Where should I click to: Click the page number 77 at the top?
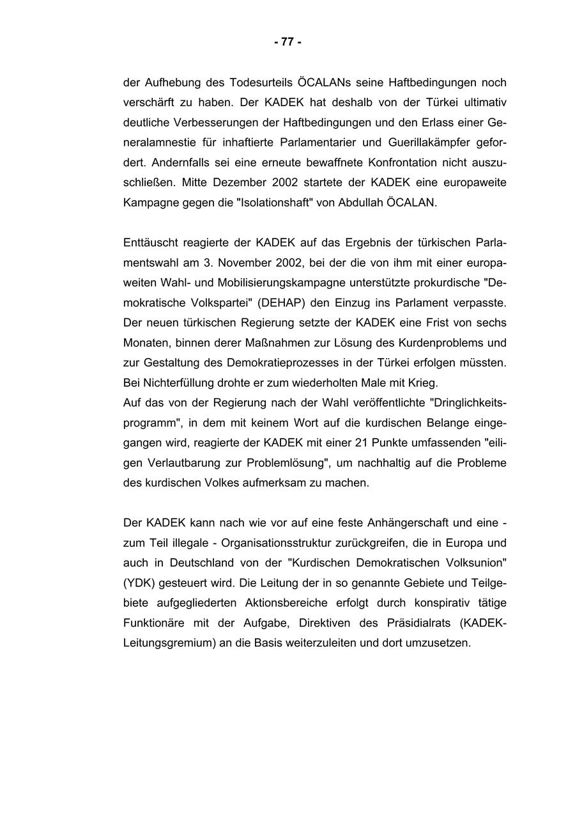[287, 42]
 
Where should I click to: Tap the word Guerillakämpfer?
[427, 143]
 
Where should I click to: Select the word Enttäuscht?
[151, 242]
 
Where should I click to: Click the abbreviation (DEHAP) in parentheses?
[281, 302]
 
